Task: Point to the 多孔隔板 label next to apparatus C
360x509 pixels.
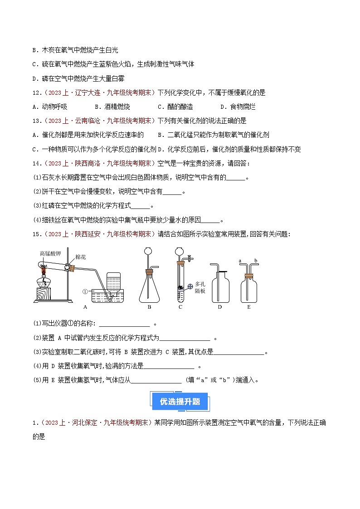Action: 199,286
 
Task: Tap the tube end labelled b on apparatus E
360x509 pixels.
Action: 257,261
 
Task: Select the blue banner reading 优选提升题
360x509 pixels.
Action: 180,401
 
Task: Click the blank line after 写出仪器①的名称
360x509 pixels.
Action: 124,324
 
